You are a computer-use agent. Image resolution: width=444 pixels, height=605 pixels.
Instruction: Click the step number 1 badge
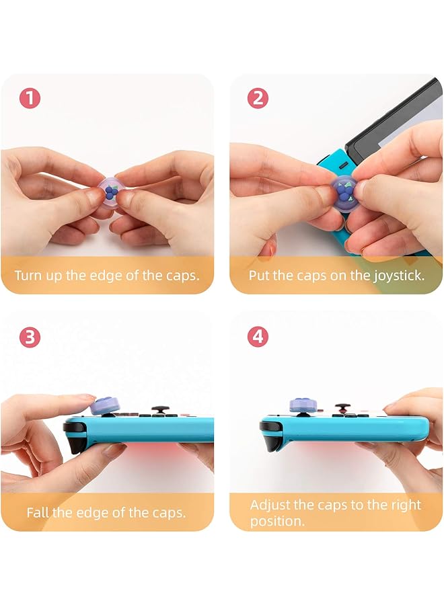pyautogui.click(x=30, y=99)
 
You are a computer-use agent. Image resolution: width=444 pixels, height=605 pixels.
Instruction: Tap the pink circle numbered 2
pyautogui.click(x=258, y=99)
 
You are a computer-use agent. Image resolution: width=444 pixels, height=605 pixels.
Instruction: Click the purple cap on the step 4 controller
pyautogui.click(x=301, y=405)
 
